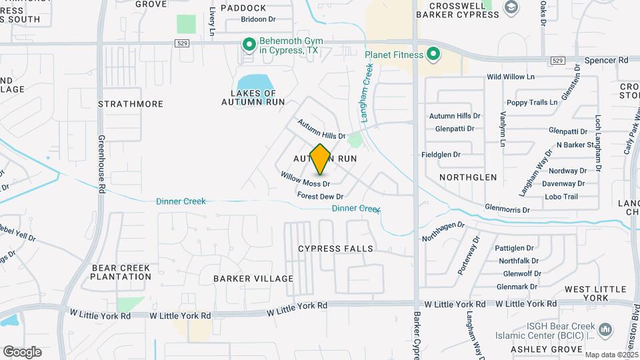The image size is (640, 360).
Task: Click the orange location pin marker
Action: (x=321, y=159)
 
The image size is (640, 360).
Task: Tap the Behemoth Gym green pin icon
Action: (x=249, y=45)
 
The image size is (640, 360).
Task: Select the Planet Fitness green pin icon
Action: (x=434, y=54)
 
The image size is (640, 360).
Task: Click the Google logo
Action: (x=22, y=352)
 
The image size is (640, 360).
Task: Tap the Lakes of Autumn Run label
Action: (x=253, y=97)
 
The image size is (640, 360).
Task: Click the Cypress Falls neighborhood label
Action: (x=335, y=249)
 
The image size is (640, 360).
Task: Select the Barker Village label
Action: (x=253, y=278)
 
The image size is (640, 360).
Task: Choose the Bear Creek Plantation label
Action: (x=121, y=272)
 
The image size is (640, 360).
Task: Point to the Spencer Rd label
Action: (x=607, y=60)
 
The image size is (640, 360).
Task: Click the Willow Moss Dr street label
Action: (x=305, y=179)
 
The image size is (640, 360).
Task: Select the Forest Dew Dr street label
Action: (x=320, y=196)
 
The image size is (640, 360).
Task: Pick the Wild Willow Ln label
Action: (x=511, y=77)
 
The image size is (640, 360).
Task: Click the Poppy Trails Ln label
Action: (x=531, y=102)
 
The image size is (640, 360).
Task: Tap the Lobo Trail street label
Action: (x=561, y=197)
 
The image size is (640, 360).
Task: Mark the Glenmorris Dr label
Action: (x=507, y=209)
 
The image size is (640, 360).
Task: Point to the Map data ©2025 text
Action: (x=611, y=355)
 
